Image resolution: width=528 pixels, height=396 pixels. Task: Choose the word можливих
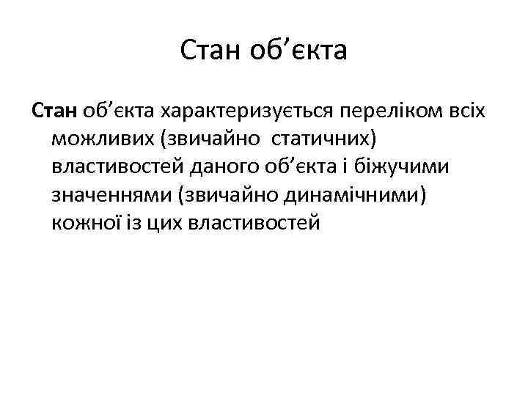point(98,139)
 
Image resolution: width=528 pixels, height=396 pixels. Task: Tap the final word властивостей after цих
point(254,222)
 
